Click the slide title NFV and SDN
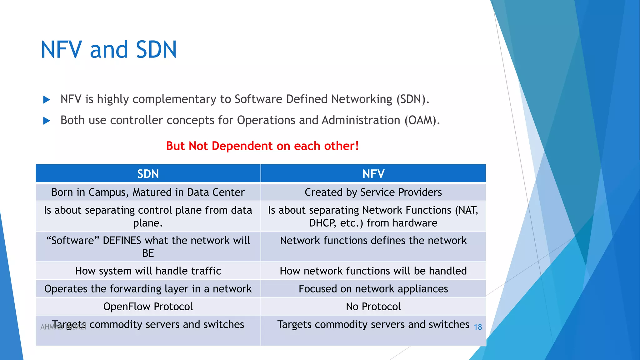pyautogui.click(x=109, y=50)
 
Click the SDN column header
pyautogui.click(x=148, y=174)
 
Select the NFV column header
pyautogui.click(x=373, y=174)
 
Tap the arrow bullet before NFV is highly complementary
pyautogui.click(x=47, y=100)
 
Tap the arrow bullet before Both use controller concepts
pyautogui.click(x=47, y=121)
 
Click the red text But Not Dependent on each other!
pyautogui.click(x=262, y=146)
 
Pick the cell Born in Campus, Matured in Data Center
pyautogui.click(x=148, y=192)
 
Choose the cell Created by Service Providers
pyautogui.click(x=373, y=192)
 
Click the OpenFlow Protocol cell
pyautogui.click(x=148, y=307)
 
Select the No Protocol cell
pyautogui.click(x=373, y=307)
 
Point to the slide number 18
pyautogui.click(x=478, y=327)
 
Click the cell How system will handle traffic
pyautogui.click(x=148, y=271)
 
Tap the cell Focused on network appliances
pyautogui.click(x=373, y=289)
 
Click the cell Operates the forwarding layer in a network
pyautogui.click(x=148, y=289)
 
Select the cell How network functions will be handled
pyautogui.click(x=373, y=271)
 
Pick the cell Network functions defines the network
pyautogui.click(x=373, y=241)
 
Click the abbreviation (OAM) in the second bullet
pyautogui.click(x=422, y=120)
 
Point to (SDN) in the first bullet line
pyautogui.click(x=412, y=99)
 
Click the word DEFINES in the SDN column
pyautogui.click(x=122, y=241)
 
